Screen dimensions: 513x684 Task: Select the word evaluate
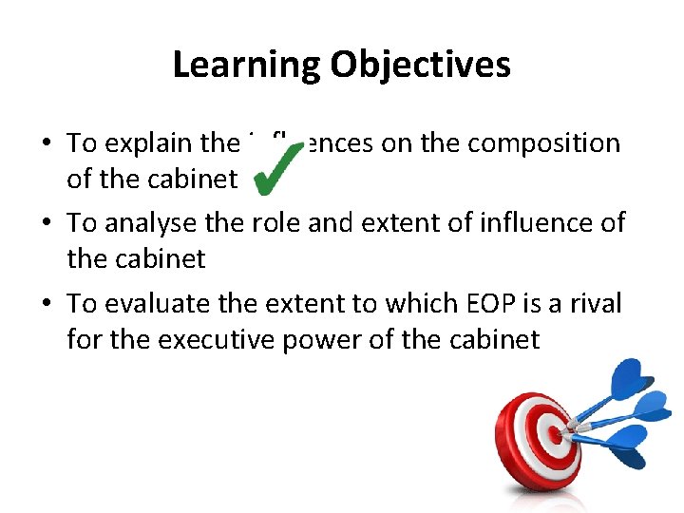pyautogui.click(x=150, y=303)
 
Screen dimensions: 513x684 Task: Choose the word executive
pyautogui.click(x=211, y=338)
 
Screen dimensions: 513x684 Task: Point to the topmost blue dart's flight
pyautogui.click(x=635, y=374)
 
